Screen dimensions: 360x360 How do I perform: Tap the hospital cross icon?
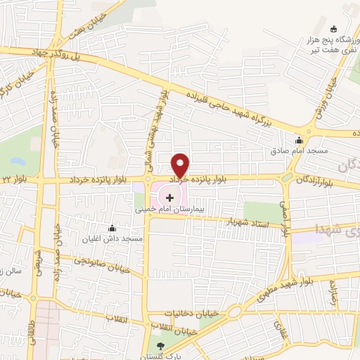point(169,198)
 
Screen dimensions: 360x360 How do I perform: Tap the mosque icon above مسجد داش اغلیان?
point(112,227)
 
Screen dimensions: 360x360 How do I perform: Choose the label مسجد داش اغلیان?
point(112,239)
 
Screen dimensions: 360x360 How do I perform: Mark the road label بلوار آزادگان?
point(317,180)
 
